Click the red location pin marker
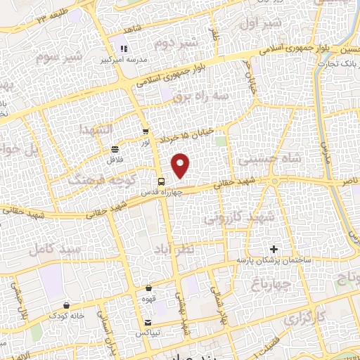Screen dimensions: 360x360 coord(181,166)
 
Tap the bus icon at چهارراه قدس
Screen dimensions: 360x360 coord(161,180)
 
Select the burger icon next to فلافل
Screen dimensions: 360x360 coord(115,149)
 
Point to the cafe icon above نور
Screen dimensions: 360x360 coord(146,131)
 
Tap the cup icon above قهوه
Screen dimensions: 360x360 coord(149,288)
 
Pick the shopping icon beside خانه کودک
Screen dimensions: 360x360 coord(66,305)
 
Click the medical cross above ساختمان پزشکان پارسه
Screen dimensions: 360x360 coord(274,249)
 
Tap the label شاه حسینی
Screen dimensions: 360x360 coord(269,159)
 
